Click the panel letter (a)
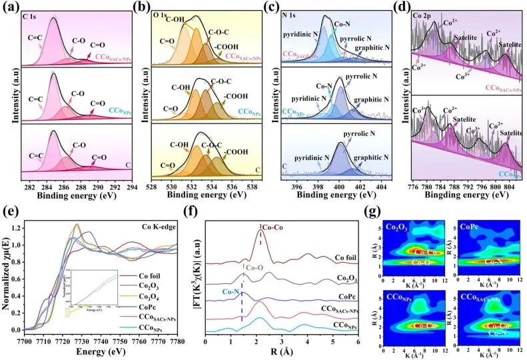pos(11,9)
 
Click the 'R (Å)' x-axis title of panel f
pos(280,353)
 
